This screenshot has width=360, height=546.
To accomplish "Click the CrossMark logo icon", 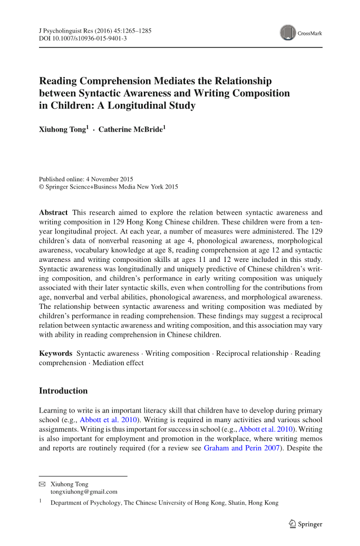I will [288, 33].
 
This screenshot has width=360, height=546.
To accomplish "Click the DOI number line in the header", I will [83, 38].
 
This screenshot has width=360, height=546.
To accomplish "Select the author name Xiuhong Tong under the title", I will [62, 130].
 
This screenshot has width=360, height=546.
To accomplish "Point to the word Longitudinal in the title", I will [139, 105].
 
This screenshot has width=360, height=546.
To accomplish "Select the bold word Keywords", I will [55, 353].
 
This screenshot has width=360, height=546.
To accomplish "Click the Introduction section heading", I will [63, 391].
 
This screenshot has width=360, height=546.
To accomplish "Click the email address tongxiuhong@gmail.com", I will [84, 492].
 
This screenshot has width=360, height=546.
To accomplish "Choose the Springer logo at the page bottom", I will [306, 524].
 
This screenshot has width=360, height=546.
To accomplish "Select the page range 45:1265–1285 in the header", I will [131, 31].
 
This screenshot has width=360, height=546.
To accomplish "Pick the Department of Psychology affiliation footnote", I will [164, 503].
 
